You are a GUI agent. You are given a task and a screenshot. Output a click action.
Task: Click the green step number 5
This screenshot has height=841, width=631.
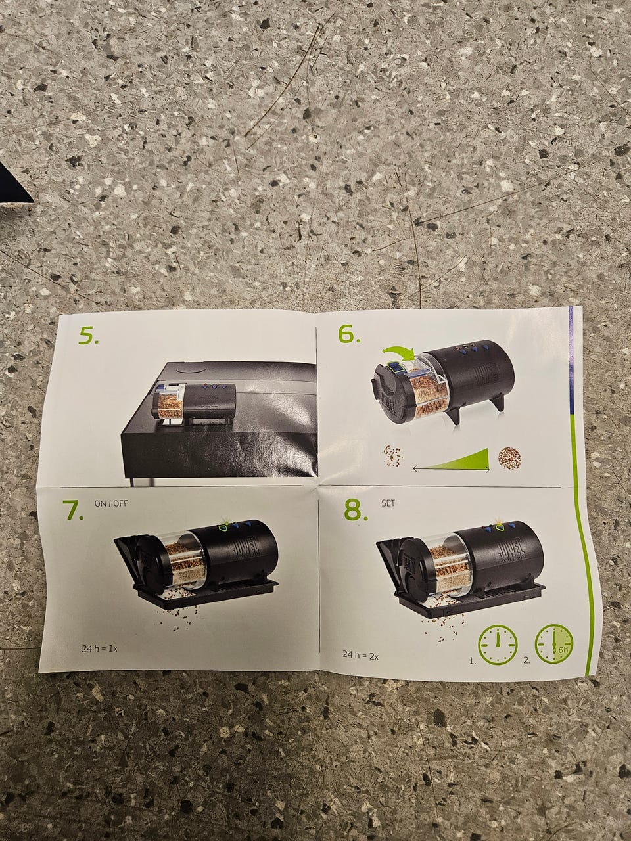click(x=89, y=336)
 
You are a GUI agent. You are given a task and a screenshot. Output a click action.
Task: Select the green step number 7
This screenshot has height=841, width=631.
click(x=73, y=510)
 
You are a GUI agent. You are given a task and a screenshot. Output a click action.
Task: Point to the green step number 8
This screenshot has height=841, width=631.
click(x=356, y=510)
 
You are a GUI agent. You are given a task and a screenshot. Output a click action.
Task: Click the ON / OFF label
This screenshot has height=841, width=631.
click(x=111, y=503)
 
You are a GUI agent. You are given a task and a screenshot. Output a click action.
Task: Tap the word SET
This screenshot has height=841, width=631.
click(x=388, y=503)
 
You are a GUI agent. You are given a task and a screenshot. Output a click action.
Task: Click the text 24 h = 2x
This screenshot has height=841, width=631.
click(x=360, y=655)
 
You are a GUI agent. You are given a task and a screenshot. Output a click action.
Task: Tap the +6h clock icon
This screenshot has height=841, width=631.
click(x=554, y=644)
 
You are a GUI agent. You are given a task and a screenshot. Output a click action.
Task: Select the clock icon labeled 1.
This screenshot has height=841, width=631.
click(x=498, y=645)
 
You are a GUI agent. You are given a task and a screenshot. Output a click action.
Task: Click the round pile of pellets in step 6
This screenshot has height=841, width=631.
click(x=509, y=457)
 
